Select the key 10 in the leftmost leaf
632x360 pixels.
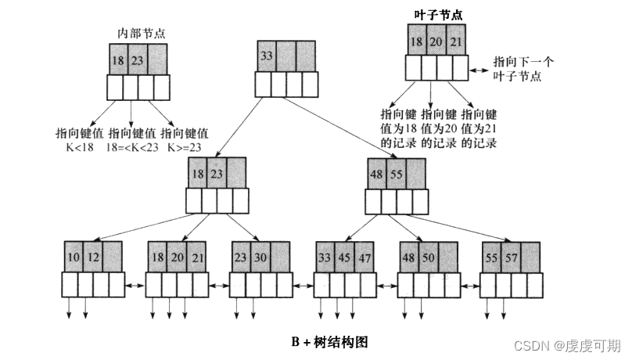[x=73, y=256]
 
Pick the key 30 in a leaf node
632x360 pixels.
[x=260, y=256]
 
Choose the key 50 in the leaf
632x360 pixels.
[x=428, y=256]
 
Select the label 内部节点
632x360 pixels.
[x=141, y=33]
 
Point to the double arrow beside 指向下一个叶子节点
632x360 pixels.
[x=478, y=70]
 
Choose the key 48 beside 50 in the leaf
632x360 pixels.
[x=409, y=256]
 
